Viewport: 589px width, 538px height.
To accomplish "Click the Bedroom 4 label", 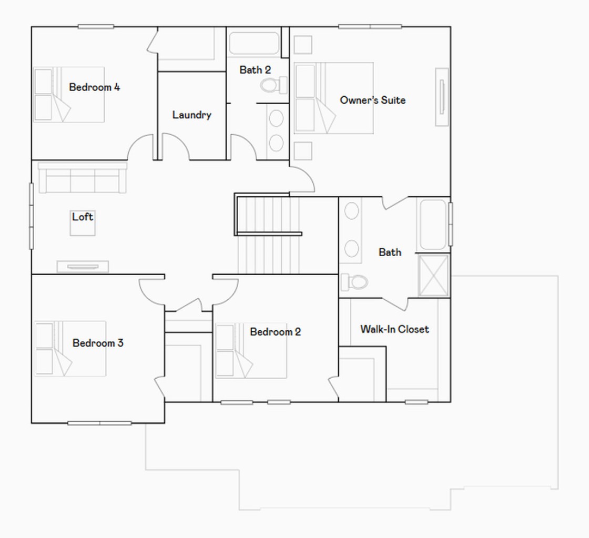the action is (94, 87).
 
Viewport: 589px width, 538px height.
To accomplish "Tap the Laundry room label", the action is (191, 115).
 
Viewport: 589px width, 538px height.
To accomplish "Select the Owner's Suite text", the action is (373, 100).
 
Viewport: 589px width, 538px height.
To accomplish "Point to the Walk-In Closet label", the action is (394, 329).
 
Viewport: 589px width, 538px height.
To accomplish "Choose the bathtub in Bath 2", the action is (254, 43).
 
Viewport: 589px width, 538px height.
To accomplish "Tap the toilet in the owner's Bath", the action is (354, 282).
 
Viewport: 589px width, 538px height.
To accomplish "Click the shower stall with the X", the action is (433, 276).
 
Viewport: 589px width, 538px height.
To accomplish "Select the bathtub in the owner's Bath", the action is (433, 225).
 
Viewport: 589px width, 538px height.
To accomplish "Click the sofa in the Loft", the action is (82, 177).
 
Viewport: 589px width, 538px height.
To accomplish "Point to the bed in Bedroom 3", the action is (70, 349).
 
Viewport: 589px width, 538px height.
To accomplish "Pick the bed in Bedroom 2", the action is (251, 351).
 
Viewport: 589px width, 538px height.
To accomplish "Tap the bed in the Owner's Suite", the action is (333, 98).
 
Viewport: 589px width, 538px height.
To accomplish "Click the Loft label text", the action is (82, 217).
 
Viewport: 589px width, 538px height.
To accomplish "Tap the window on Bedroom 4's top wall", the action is (96, 27).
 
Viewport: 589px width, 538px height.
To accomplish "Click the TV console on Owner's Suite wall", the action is (442, 97).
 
